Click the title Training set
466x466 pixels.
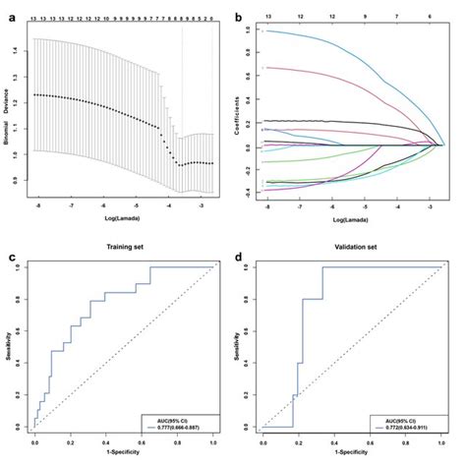[x=130, y=250]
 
